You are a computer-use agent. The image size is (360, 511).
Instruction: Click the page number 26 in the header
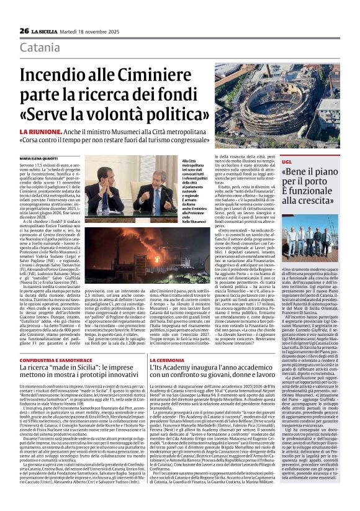(24, 30)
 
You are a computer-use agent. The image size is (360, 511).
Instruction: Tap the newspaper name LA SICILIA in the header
(45, 30)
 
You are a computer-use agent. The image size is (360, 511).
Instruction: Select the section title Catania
(39, 48)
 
